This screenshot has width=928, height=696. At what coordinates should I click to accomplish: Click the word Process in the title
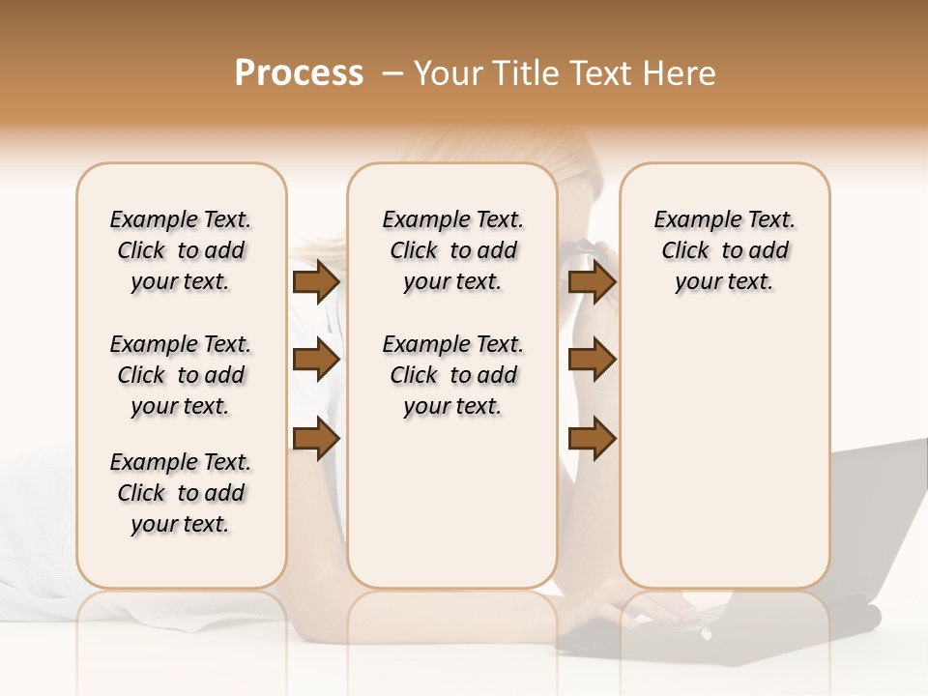click(298, 73)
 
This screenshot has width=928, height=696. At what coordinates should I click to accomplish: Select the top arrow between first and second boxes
click(315, 282)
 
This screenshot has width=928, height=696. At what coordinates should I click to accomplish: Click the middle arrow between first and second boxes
click(315, 361)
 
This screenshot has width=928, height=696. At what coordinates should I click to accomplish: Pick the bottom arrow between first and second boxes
click(315, 439)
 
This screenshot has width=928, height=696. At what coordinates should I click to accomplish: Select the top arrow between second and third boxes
click(592, 282)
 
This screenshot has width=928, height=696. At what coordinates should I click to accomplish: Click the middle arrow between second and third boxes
click(592, 361)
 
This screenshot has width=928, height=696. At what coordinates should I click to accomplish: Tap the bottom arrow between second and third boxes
click(592, 439)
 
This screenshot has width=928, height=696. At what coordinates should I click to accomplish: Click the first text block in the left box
click(181, 250)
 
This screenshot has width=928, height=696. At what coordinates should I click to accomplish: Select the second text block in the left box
click(181, 375)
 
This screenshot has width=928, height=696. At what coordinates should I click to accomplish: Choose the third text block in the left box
click(181, 493)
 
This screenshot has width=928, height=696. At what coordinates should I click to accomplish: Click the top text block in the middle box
click(452, 250)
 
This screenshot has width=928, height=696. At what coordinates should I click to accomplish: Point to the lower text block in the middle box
click(452, 375)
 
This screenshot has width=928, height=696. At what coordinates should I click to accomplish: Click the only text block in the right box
click(724, 250)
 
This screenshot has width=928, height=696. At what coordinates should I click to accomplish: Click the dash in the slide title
click(391, 73)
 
